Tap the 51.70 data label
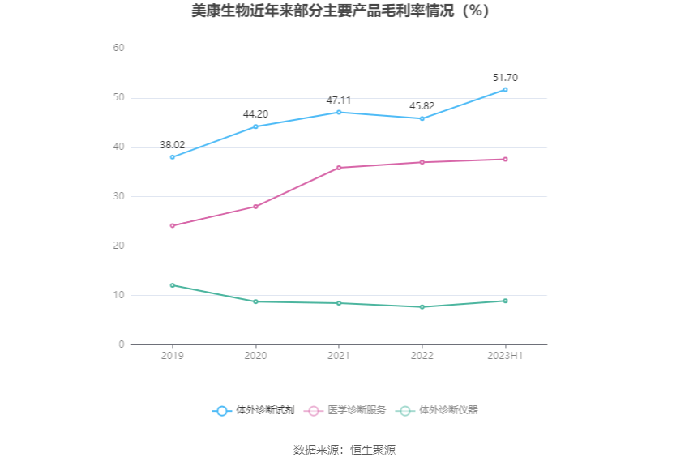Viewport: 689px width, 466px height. (x=505, y=78)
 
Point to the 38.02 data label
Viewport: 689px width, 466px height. (x=172, y=145)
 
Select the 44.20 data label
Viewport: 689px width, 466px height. (x=255, y=114)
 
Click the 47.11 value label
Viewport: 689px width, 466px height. (x=339, y=100)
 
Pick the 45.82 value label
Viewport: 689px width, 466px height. (x=422, y=106)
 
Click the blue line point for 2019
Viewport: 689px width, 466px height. (x=173, y=157)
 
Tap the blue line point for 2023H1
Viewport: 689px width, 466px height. (x=505, y=89)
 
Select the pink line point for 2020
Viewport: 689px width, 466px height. (x=255, y=207)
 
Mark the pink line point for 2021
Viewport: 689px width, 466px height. (x=339, y=168)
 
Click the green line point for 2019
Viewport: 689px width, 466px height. (x=173, y=285)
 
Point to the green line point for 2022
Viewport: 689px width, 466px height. (x=422, y=307)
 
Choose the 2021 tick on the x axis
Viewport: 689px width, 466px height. (x=339, y=356)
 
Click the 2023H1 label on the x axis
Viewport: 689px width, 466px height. (x=505, y=356)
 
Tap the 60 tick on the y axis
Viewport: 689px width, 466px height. (x=118, y=49)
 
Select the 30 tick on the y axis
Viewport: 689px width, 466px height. (x=118, y=197)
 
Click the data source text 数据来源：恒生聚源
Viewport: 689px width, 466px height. (x=344, y=450)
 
